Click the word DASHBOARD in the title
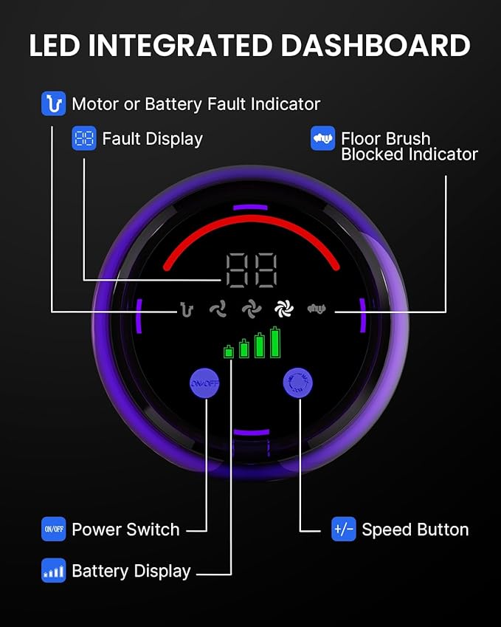click(376, 45)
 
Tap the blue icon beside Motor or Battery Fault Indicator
click(54, 103)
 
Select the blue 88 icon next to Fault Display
click(84, 138)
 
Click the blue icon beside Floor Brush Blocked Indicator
click(323, 138)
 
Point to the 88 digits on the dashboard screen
click(252, 270)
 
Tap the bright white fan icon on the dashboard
click(284, 308)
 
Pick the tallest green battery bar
click(275, 342)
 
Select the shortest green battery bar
click(229, 351)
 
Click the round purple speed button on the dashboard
click(297, 383)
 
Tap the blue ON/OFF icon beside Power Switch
click(54, 529)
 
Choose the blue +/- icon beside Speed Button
click(344, 529)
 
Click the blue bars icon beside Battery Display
click(54, 570)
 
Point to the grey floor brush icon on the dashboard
click(317, 308)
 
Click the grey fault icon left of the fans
click(186, 309)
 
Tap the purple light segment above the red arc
click(251, 207)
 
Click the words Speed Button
click(415, 530)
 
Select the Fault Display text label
click(153, 139)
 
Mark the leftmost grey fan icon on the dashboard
click(218, 309)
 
